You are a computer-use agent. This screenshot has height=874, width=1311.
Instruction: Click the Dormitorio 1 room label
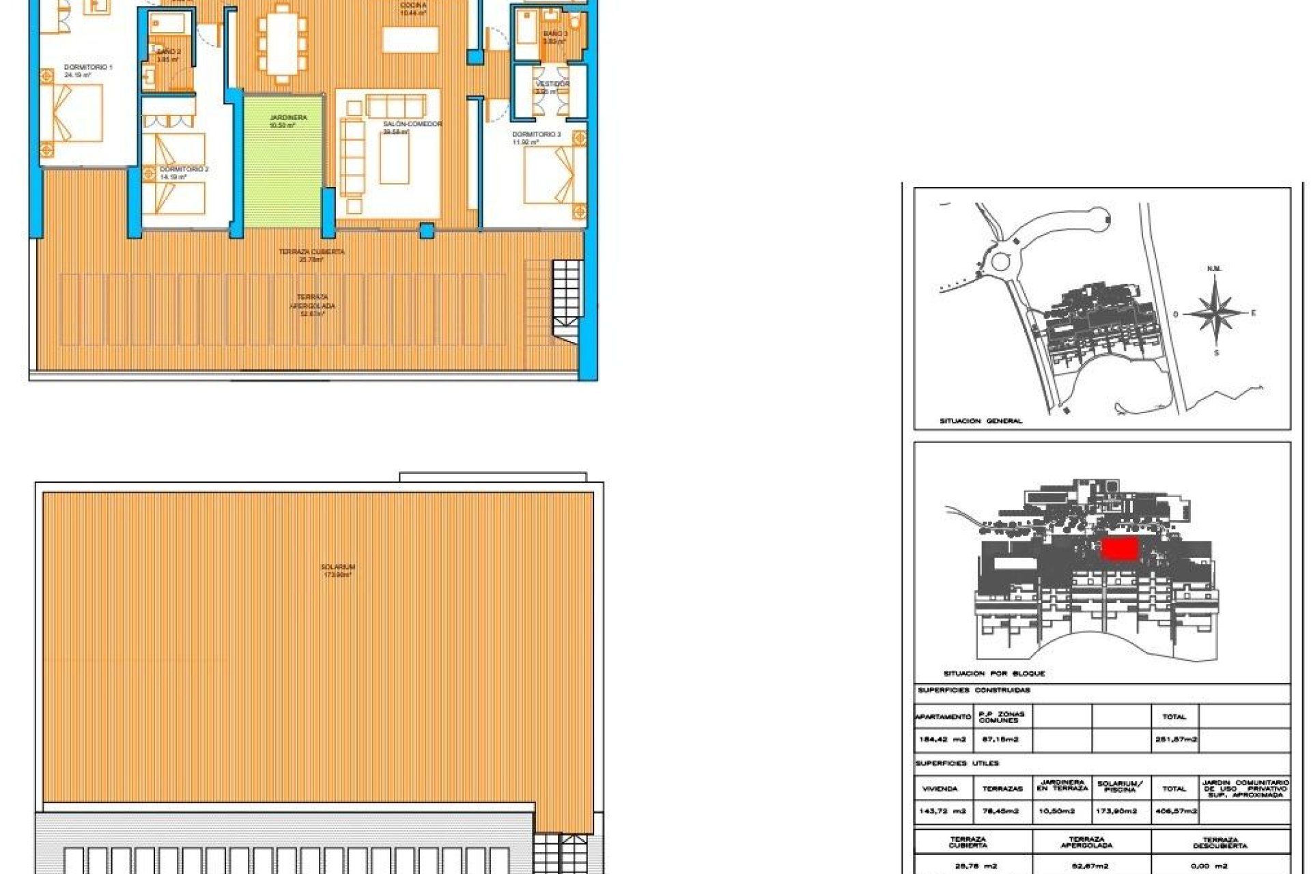tap(88, 68)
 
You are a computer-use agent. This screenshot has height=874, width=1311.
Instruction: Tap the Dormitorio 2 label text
tap(184, 169)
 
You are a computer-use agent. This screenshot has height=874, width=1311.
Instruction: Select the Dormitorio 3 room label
tap(536, 135)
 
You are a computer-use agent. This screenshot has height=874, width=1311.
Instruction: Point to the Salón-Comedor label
tap(412, 124)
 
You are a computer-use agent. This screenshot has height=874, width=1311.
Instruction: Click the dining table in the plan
tap(282, 44)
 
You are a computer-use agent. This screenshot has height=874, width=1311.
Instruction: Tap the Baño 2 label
tap(168, 52)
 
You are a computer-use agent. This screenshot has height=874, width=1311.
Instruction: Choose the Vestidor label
tap(552, 85)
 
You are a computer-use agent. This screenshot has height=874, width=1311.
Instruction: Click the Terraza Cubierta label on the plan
tap(311, 252)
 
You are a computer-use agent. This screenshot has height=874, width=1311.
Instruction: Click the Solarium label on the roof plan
tap(337, 567)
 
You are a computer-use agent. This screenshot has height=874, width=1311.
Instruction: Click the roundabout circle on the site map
tap(1001, 261)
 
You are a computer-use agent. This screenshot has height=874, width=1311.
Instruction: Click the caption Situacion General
tap(981, 421)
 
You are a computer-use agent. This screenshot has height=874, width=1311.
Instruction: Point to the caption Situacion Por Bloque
tap(993, 674)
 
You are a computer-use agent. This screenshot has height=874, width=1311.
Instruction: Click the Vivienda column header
tap(940, 789)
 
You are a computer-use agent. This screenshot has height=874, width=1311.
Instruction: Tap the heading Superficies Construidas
tap(974, 690)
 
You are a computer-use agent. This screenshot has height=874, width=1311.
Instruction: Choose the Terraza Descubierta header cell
tap(1220, 843)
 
